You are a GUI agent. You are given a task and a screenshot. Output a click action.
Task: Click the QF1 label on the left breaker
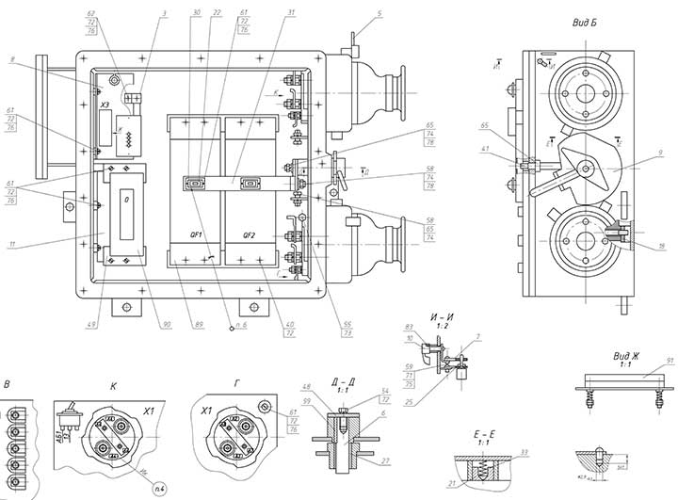[x=196, y=235]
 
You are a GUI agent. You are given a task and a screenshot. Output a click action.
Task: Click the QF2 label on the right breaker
[x=250, y=235]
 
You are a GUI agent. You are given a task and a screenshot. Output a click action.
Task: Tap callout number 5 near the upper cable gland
[x=379, y=13]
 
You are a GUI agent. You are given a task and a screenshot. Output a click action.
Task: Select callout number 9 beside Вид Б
[x=658, y=153]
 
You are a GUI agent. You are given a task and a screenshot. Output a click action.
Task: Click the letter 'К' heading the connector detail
[x=114, y=386]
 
